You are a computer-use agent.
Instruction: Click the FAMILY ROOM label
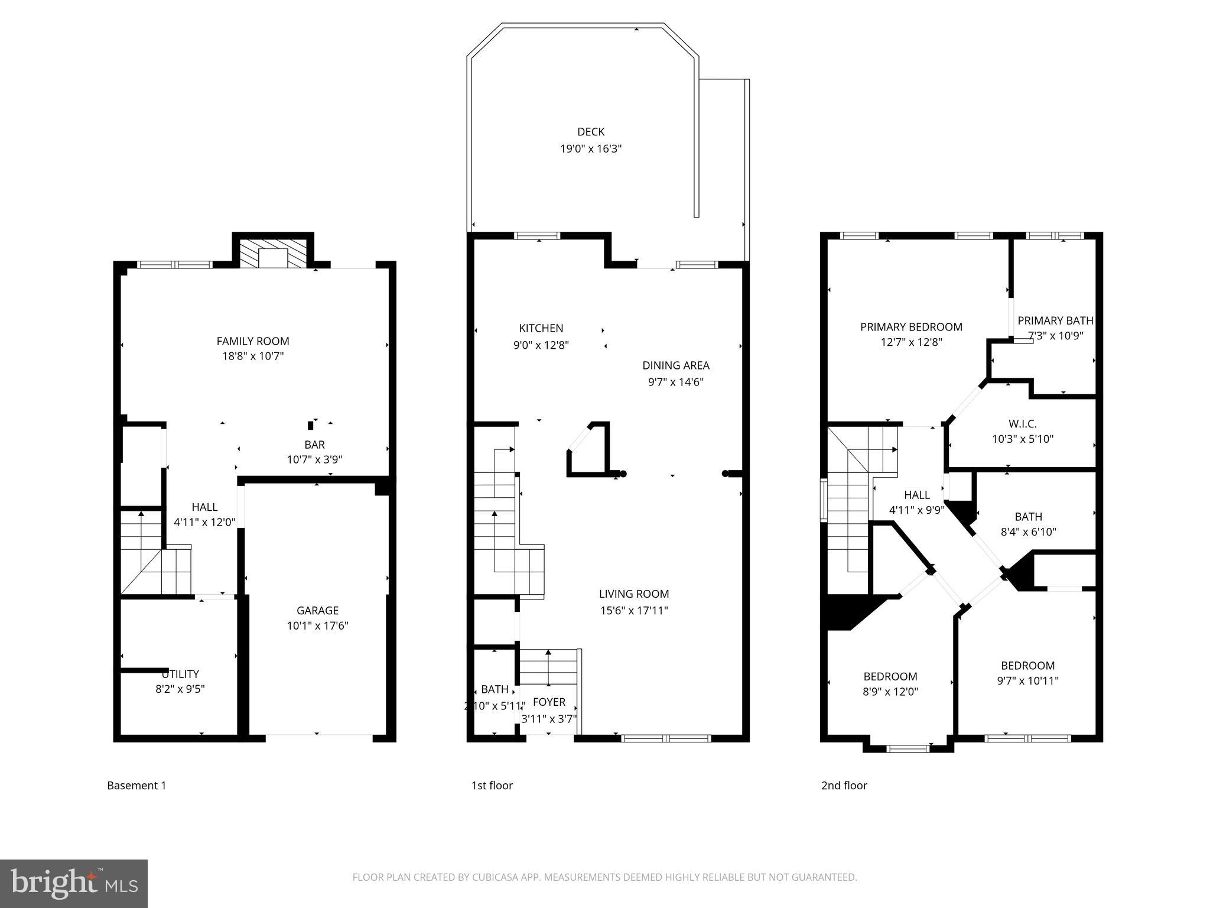pos(253,341)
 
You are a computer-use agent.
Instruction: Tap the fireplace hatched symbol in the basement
pos(273,253)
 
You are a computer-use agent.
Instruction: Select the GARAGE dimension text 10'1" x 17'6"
pos(317,626)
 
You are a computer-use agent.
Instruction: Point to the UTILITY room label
pos(181,674)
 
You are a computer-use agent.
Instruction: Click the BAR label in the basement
pos(314,445)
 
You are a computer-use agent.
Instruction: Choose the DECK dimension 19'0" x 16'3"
pos(591,148)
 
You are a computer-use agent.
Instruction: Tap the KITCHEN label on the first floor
pos(541,328)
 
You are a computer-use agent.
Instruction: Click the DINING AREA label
pos(676,365)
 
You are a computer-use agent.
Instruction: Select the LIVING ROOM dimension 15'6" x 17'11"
pos(634,610)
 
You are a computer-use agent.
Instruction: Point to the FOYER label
pos(549,702)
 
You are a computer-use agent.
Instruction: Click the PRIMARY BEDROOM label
pos(911,327)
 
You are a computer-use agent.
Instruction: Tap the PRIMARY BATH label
pos(1055,320)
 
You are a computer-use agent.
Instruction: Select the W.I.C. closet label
pos(1022,424)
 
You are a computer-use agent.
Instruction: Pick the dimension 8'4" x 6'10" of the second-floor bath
pos(1028,532)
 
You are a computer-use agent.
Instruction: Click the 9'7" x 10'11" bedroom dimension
pos(1027,680)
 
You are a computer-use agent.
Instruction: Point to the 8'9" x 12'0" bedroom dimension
pos(890,692)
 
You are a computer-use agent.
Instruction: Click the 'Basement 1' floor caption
pos(136,786)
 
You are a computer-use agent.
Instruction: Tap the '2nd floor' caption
pos(844,786)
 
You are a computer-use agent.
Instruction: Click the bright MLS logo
pos(73,884)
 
